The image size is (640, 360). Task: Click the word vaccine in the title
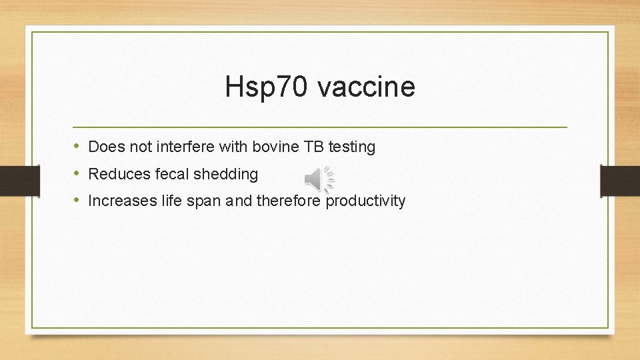(x=366, y=87)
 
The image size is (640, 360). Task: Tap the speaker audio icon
(x=319, y=179)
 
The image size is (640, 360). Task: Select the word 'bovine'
(x=274, y=147)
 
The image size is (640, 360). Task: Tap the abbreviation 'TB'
(x=312, y=147)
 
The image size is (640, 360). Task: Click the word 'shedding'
(x=225, y=174)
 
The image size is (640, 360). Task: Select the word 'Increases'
(x=122, y=201)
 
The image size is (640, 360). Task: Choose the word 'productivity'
(x=365, y=201)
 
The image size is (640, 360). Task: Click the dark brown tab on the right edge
(x=620, y=179)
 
